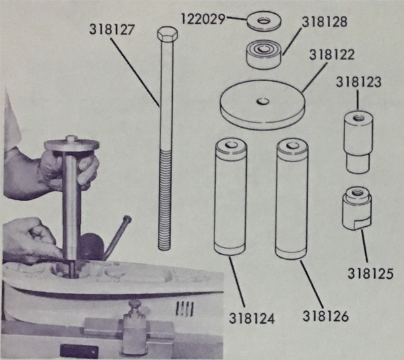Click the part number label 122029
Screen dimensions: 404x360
[203, 18]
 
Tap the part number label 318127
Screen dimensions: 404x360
[112, 29]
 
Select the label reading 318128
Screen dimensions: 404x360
[325, 22]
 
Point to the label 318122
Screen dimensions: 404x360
[332, 55]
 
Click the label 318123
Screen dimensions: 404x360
[358, 82]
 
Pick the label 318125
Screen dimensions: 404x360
[370, 273]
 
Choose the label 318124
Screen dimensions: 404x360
[252, 318]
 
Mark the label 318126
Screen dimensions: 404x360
[325, 316]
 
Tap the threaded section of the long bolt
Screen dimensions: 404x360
[165, 199]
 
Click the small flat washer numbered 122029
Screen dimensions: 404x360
[263, 21]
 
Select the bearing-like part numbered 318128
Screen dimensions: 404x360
[263, 55]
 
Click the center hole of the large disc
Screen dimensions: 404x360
[263, 101]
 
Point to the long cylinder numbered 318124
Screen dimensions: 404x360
[230, 197]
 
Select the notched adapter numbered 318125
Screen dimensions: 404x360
[357, 209]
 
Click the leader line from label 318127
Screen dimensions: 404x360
[135, 71]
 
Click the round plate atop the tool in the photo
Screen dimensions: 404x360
[72, 145]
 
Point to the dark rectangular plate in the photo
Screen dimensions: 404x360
[79, 351]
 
